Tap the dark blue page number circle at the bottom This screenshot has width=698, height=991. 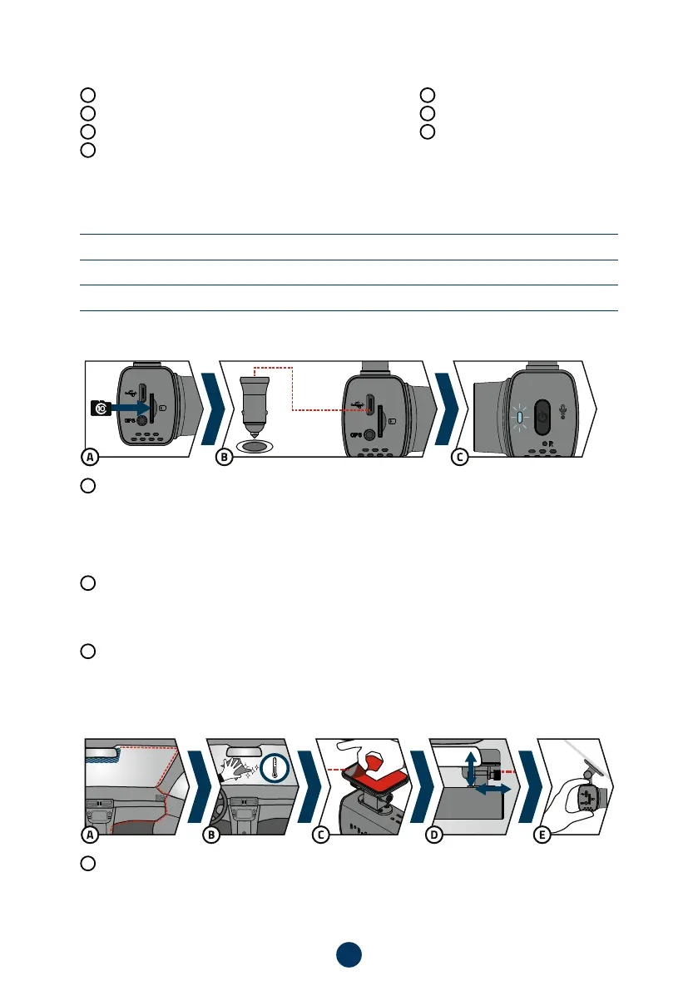(x=349, y=954)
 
